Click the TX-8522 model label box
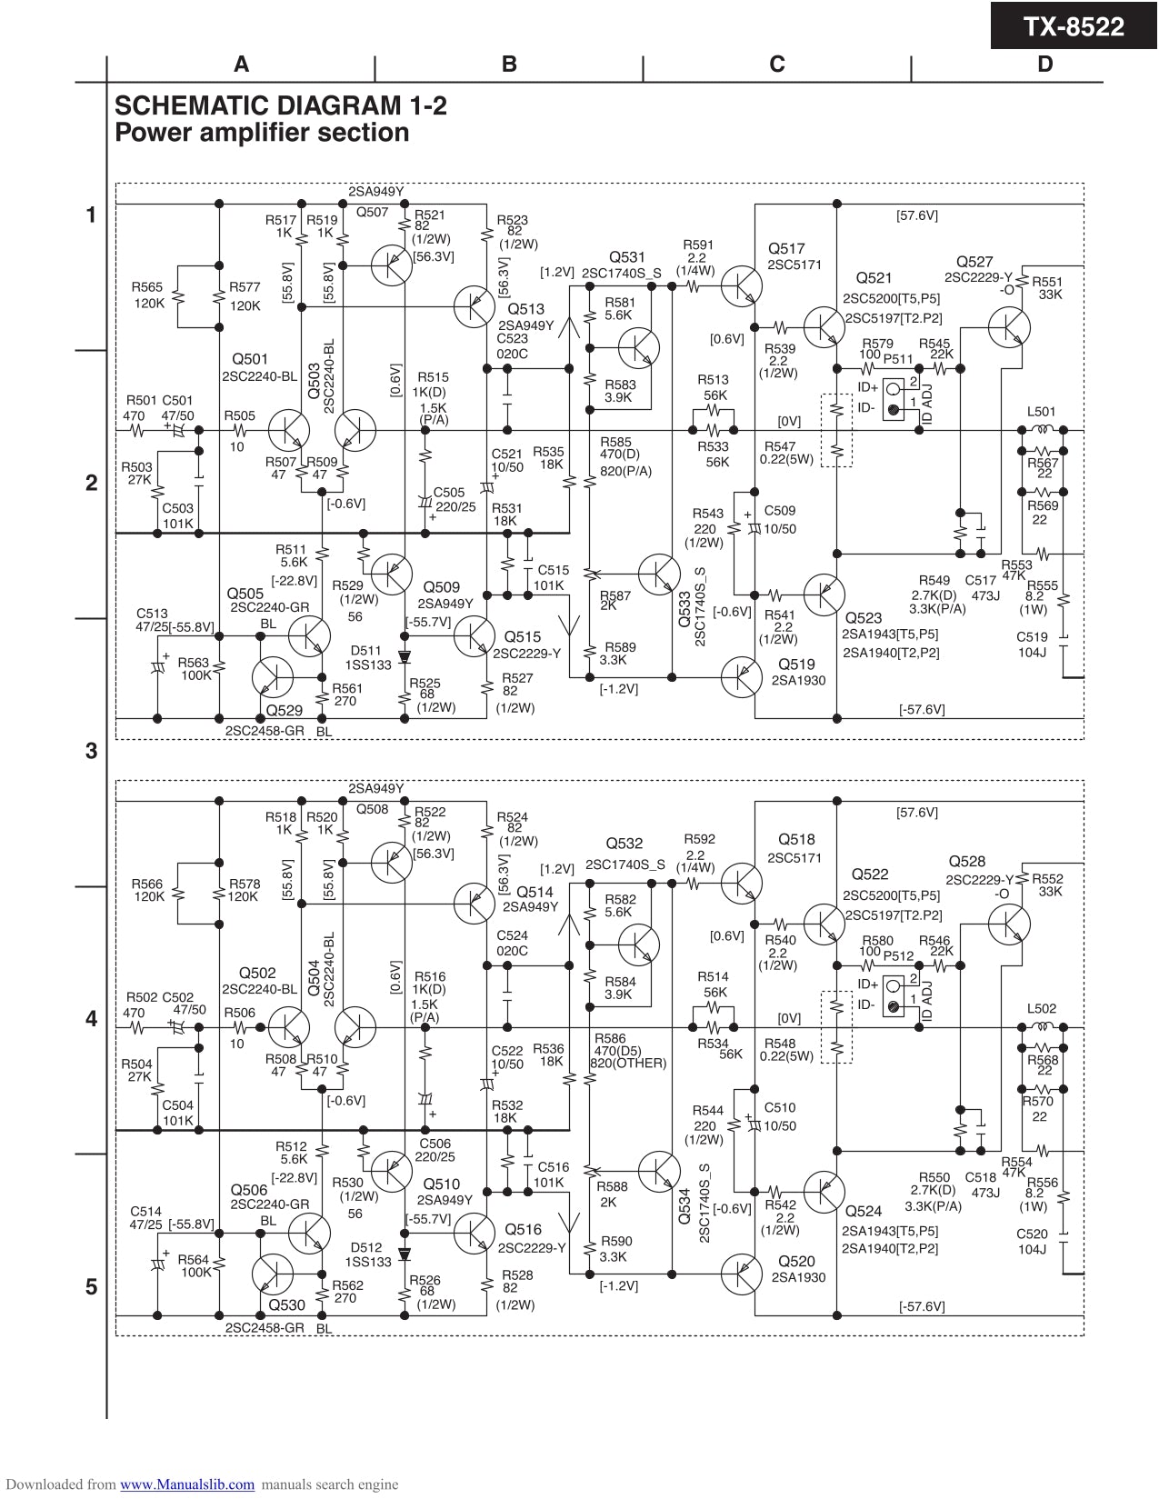pos(1074,25)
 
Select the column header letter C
pos(776,64)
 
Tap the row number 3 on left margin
pos(91,751)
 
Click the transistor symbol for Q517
pos(742,285)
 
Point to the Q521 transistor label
pos(874,278)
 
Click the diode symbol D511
pos(405,655)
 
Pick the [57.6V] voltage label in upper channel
pos(916,215)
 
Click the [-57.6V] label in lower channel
pos(922,1306)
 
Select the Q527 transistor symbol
pos(1009,327)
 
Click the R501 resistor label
pos(141,400)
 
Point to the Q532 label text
pos(624,844)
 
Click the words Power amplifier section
pos(262,133)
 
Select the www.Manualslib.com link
pos(187,1484)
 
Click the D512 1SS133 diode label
pos(368,1254)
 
